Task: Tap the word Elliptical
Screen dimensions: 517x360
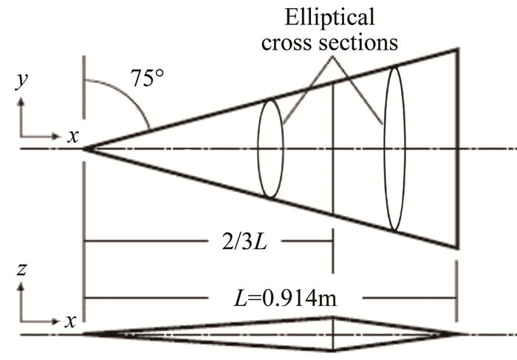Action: coord(337,16)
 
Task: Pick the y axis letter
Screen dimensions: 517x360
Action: coord(18,82)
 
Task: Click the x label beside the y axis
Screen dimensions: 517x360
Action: coord(72,135)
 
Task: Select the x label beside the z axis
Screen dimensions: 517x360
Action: coord(72,323)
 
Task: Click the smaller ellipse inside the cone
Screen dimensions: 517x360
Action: coord(270,149)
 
